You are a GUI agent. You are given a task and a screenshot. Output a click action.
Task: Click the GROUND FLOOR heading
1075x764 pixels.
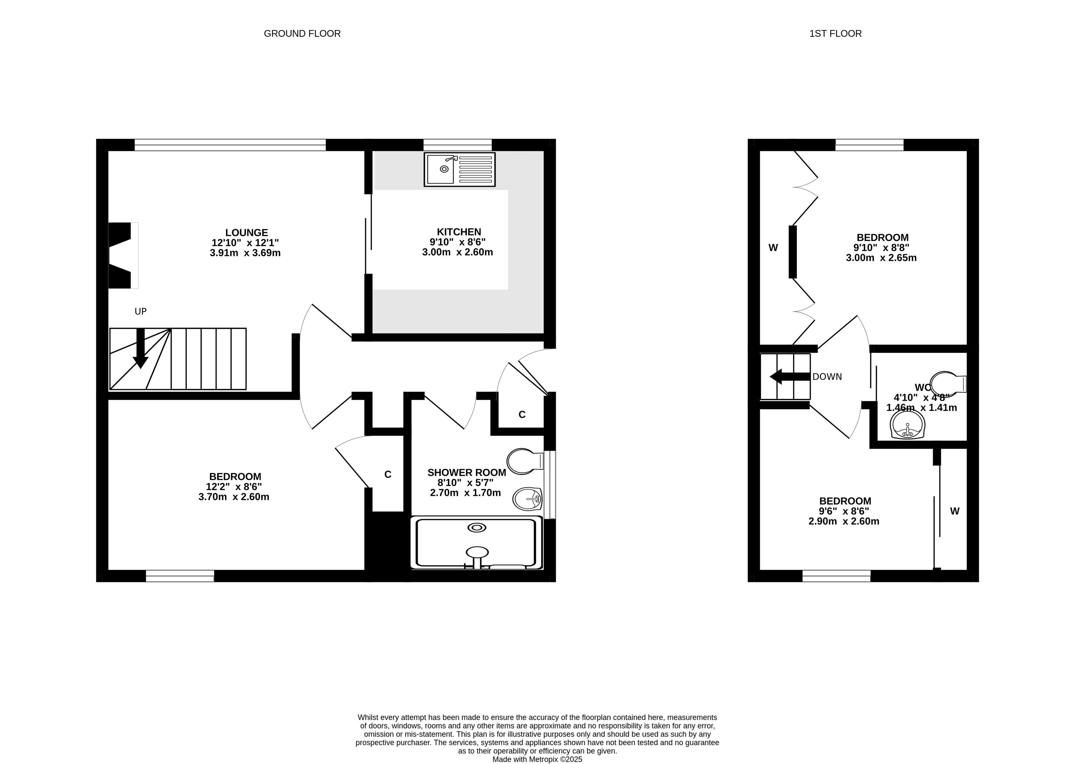(x=302, y=33)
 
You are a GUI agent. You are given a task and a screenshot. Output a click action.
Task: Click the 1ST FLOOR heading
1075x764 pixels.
(x=836, y=33)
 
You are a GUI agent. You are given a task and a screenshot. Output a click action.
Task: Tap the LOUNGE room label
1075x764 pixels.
(x=246, y=232)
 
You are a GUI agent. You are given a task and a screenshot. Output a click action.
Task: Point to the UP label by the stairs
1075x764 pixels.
(x=141, y=311)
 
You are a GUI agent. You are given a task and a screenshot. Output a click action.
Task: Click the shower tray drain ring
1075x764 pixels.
(x=477, y=528)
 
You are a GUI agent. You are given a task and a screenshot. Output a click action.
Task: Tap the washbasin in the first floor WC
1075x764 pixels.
(x=908, y=425)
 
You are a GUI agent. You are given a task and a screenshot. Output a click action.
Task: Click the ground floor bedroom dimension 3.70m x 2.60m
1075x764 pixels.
(x=234, y=497)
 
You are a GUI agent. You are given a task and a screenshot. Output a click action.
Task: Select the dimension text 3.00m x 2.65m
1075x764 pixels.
(x=881, y=258)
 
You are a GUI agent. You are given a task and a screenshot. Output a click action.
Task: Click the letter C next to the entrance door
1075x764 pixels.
(x=522, y=414)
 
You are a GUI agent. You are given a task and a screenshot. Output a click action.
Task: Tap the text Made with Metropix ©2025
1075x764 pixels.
(x=537, y=759)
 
